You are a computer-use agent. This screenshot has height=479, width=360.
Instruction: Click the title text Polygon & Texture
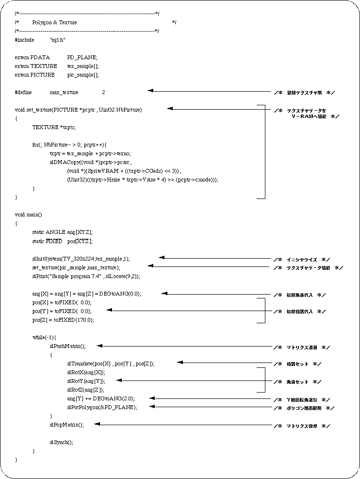[54, 22]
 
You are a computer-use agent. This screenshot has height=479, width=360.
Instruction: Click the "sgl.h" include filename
[58, 40]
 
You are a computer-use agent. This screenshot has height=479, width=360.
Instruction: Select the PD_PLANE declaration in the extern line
[82, 57]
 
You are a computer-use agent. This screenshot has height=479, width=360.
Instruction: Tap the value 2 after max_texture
[103, 92]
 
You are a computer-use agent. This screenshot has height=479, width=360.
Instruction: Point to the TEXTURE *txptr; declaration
[54, 127]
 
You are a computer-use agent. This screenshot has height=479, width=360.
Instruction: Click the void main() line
[29, 215]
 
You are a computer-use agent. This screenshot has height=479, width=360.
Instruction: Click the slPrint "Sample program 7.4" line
[86, 276]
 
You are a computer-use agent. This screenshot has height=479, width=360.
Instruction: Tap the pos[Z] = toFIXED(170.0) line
[63, 319]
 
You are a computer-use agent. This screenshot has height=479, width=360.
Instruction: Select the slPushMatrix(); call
[67, 346]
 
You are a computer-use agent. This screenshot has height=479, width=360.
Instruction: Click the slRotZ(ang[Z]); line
[86, 389]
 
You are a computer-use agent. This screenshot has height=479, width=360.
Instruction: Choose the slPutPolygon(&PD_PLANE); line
[102, 407]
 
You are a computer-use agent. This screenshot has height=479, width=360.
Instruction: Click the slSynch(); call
[62, 442]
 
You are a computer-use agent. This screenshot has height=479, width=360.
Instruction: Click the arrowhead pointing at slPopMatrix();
[97, 424]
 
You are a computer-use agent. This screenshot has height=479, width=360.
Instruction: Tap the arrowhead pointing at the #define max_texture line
[150, 90]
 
